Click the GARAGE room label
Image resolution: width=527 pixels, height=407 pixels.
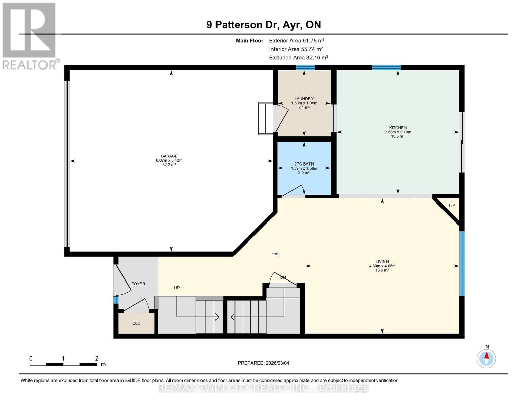click(169, 156)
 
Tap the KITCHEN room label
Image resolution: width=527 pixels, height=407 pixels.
click(398, 128)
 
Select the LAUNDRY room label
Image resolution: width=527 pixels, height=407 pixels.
click(304, 99)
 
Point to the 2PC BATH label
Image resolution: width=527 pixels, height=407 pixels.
click(304, 164)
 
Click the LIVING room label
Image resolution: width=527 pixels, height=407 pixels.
click(382, 261)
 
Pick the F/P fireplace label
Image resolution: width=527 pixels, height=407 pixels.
click(452, 205)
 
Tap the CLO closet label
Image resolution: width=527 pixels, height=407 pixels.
click(136, 323)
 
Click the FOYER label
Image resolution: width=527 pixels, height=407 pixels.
click(138, 284)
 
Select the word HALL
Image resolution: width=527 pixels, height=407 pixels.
click(277, 254)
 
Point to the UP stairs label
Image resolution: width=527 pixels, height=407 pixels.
click(177, 288)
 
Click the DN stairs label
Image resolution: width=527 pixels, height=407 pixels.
click(283, 277)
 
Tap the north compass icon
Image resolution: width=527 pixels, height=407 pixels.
click(487, 358)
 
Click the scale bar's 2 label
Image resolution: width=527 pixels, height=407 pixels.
click(97, 358)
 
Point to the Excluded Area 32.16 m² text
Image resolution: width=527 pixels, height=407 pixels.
click(298, 58)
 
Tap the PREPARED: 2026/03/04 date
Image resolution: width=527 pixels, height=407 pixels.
click(263, 363)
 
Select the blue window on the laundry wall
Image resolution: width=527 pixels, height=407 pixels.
click(305, 67)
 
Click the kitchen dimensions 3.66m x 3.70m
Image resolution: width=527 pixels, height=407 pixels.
click(398, 132)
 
